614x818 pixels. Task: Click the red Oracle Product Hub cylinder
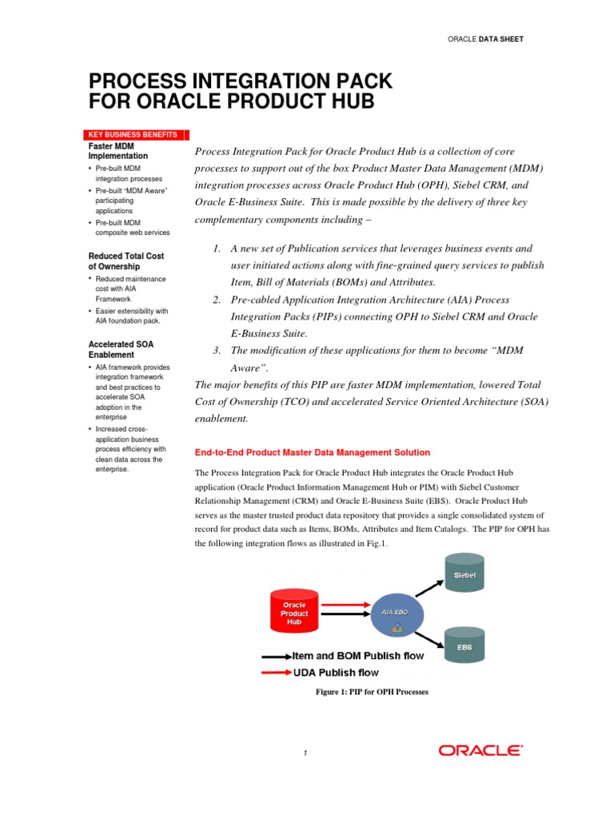tap(295, 612)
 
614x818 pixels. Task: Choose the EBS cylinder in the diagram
tap(464, 648)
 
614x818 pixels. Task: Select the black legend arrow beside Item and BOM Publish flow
tap(277, 656)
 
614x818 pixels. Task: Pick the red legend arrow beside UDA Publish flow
tap(277, 673)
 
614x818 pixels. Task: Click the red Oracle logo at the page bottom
tap(480, 750)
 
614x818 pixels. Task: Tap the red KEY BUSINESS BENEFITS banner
tap(134, 135)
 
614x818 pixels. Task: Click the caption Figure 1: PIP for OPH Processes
tap(373, 692)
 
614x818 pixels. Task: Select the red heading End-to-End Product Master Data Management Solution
tap(313, 452)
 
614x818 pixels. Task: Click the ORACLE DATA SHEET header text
tap(485, 39)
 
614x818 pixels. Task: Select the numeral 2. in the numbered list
tap(217, 300)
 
